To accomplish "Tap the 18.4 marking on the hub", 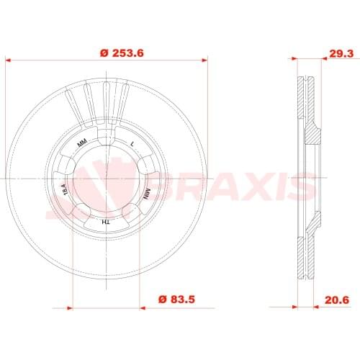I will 65,190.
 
